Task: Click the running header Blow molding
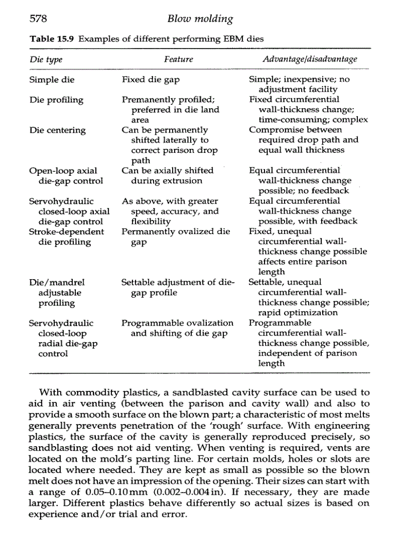(199, 20)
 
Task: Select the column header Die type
(46, 60)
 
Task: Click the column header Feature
(178, 60)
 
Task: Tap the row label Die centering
(57, 130)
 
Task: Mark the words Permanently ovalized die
(176, 232)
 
